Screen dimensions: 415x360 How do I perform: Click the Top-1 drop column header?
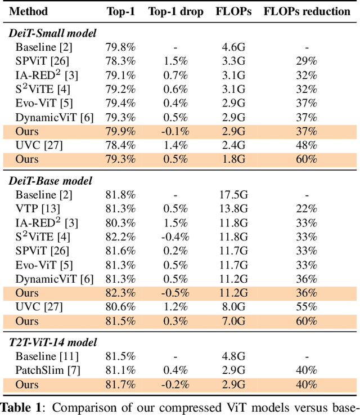(176, 11)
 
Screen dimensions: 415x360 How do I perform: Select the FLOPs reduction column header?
(307, 11)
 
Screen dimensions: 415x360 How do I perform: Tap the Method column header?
(29, 11)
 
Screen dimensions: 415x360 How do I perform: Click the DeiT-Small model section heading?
(52, 33)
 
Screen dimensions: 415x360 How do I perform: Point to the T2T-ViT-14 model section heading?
(53, 342)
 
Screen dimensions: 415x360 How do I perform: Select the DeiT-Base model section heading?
(51, 181)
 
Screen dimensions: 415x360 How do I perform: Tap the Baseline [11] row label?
(46, 356)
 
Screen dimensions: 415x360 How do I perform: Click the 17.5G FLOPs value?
(233, 195)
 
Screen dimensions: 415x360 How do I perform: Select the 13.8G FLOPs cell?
(233, 209)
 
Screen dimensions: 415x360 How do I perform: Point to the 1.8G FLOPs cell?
(233, 159)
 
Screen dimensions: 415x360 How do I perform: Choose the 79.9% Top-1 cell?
(120, 131)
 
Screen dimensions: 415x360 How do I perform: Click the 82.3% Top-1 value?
(120, 293)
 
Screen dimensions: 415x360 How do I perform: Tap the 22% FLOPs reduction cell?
(307, 209)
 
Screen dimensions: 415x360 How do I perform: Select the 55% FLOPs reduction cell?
(307, 307)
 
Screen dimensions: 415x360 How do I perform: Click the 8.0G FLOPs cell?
(233, 307)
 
